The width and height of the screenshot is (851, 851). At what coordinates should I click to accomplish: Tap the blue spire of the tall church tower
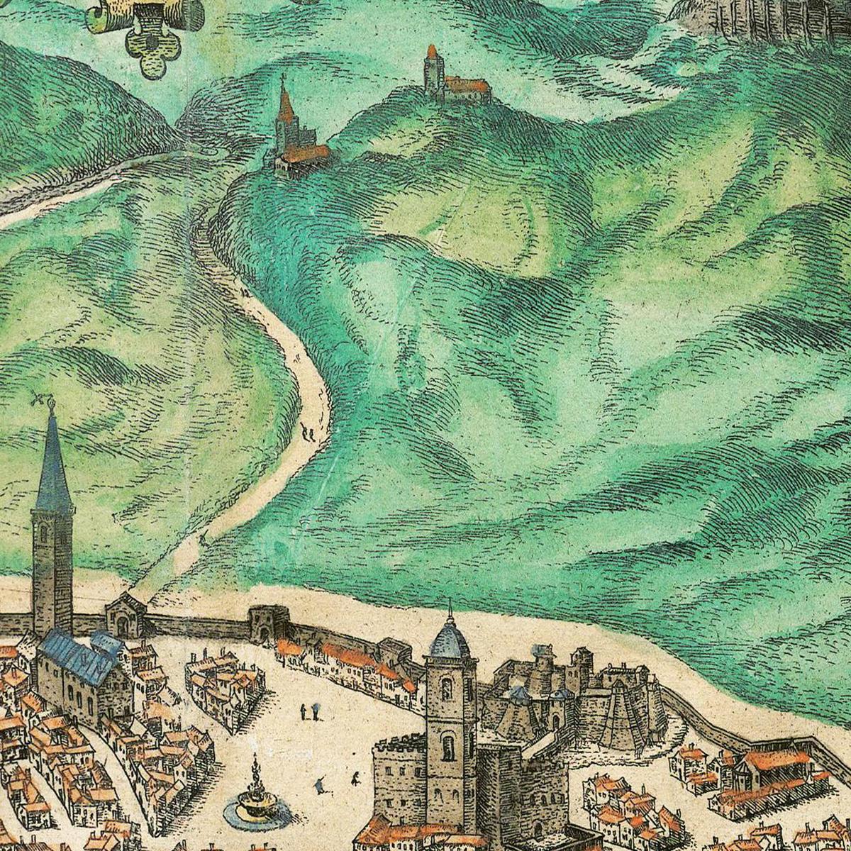52,468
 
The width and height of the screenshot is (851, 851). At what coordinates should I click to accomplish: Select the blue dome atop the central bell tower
450,641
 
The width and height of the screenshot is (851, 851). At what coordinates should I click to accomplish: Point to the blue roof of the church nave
78,655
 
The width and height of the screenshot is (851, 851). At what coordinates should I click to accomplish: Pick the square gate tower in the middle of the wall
267,624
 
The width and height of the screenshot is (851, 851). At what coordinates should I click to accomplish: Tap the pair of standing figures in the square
309,711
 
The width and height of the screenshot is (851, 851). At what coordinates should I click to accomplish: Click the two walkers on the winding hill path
307,431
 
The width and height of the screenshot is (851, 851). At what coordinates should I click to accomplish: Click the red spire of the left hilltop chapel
285,105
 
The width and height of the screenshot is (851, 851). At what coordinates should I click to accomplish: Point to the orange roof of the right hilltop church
468,86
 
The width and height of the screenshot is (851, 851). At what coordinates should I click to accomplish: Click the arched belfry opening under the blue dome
448,746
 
